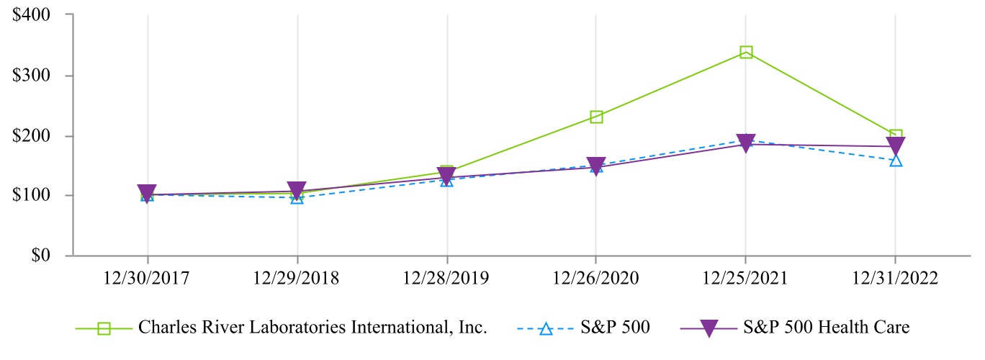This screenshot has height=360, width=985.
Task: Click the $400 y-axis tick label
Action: pos(35,14)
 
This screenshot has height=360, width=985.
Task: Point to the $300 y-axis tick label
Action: pos(35,75)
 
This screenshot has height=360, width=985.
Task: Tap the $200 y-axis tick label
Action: pos(35,135)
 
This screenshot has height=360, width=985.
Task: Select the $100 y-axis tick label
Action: pos(35,195)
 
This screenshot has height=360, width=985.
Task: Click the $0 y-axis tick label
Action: pos(44,256)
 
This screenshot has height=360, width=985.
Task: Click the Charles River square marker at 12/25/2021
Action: pos(746,52)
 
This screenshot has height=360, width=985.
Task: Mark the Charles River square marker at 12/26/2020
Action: pos(596,117)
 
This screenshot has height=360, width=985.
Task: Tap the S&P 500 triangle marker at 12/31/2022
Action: pos(896,160)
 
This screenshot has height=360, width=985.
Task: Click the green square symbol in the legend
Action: pos(104,328)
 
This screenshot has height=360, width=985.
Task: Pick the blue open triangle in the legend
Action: pos(546,328)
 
